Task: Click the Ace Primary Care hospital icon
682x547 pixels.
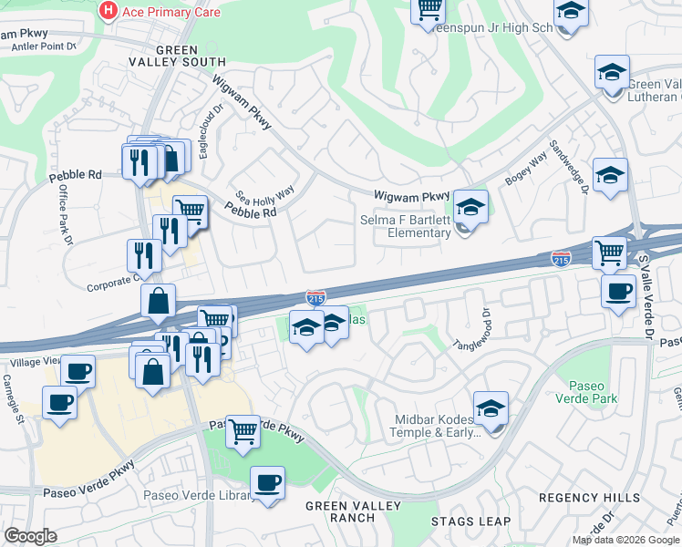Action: click(x=108, y=11)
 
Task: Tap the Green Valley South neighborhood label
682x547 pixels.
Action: click(x=190, y=56)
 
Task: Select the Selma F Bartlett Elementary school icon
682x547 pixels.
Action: click(x=471, y=207)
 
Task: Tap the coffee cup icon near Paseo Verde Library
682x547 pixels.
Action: click(x=267, y=483)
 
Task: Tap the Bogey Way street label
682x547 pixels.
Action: click(x=526, y=170)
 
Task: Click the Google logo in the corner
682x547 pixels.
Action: click(x=30, y=536)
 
